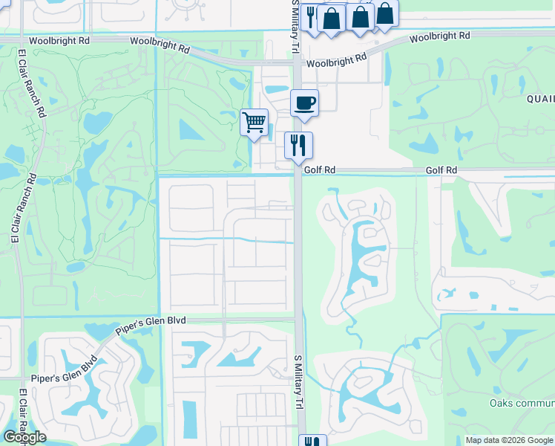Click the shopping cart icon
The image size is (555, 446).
click(x=254, y=122)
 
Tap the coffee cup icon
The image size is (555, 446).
click(x=304, y=103)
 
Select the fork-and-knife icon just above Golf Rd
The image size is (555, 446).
click(x=298, y=145)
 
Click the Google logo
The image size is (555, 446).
click(x=24, y=437)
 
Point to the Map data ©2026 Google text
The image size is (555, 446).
click(x=509, y=440)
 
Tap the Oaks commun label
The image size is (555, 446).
click(x=522, y=404)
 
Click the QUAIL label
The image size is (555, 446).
click(x=540, y=99)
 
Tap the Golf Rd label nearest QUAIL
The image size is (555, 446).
click(x=441, y=170)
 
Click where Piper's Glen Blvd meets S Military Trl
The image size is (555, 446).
click(x=298, y=320)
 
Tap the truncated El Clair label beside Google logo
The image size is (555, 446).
click(x=24, y=413)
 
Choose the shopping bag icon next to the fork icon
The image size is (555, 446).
click(x=332, y=18)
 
